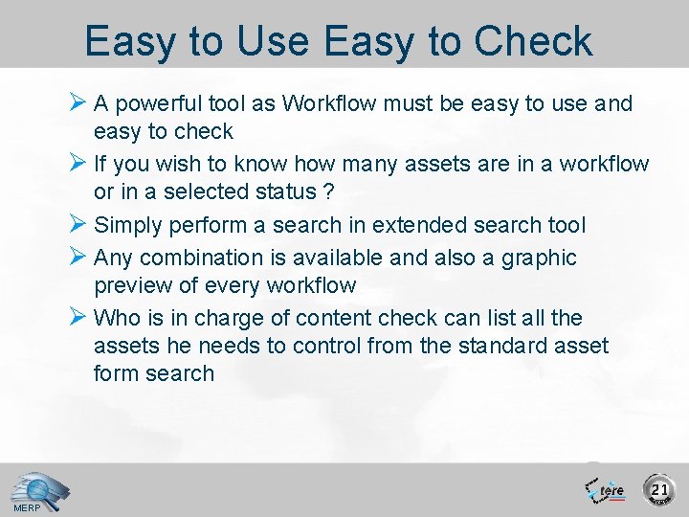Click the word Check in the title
coord(533,42)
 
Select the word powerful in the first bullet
coord(157,103)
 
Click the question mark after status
coord(328,191)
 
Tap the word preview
coord(131,285)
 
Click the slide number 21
coord(659,490)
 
